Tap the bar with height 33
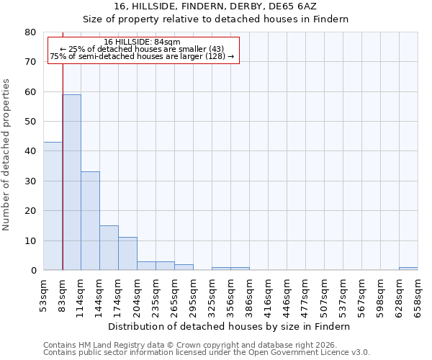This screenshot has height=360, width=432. coord(90,221)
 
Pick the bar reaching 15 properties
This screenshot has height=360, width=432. coord(109,248)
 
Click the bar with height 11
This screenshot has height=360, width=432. coord(127,253)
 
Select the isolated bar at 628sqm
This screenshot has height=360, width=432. coord(408,269)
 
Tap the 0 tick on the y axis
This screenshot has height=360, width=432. coord(33,271)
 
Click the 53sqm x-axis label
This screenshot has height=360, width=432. coord(44,295)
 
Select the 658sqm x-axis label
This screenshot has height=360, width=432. coord(418,295)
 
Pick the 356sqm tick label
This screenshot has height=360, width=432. coord(231,295)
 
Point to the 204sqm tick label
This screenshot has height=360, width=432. coord(138,295)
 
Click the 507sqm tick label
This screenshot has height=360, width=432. coord(325,295)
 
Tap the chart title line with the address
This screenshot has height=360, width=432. coord(215,6)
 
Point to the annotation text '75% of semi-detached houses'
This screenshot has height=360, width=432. coord(142,56)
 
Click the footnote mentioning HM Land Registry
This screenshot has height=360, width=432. coord(194,345)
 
